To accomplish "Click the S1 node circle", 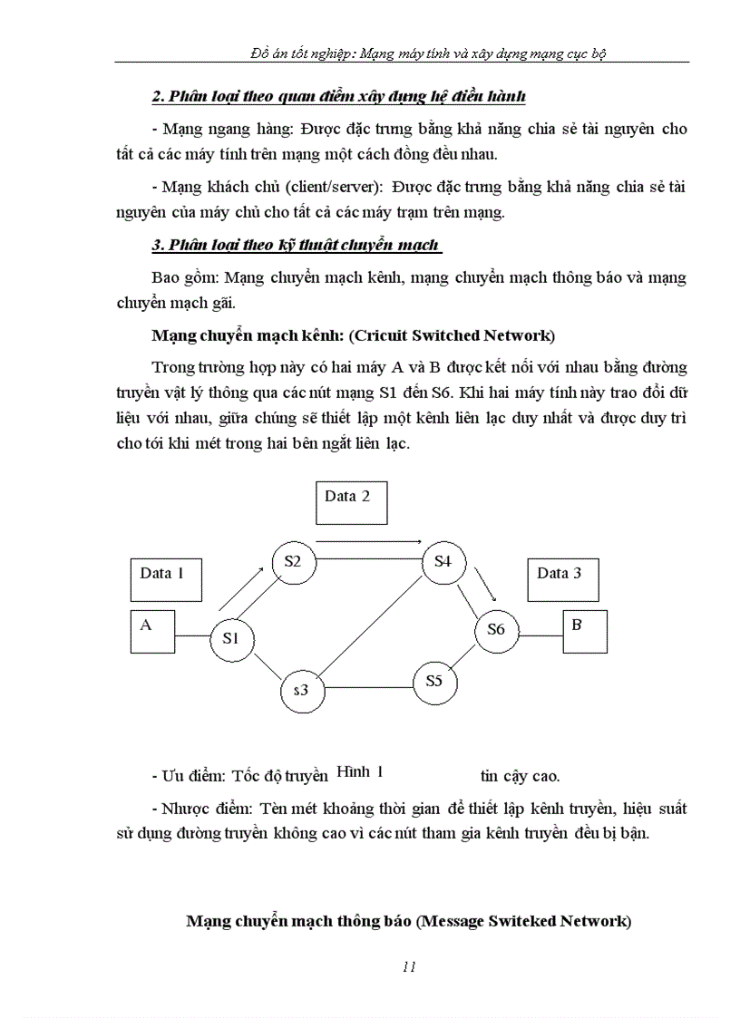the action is [231, 638].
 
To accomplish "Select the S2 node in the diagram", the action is [293, 562].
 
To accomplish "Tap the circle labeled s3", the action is [302, 691].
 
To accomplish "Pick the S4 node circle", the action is [443, 562].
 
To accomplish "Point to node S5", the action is [434, 681].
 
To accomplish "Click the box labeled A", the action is [151, 632].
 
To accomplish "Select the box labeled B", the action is [585, 632].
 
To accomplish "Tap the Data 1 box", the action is [166, 580].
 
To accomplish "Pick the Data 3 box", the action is [563, 580].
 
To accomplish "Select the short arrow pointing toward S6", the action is [487, 587].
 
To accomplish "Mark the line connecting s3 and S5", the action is [369, 685].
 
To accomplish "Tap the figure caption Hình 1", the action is [360, 772].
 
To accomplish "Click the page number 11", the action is [408, 966].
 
